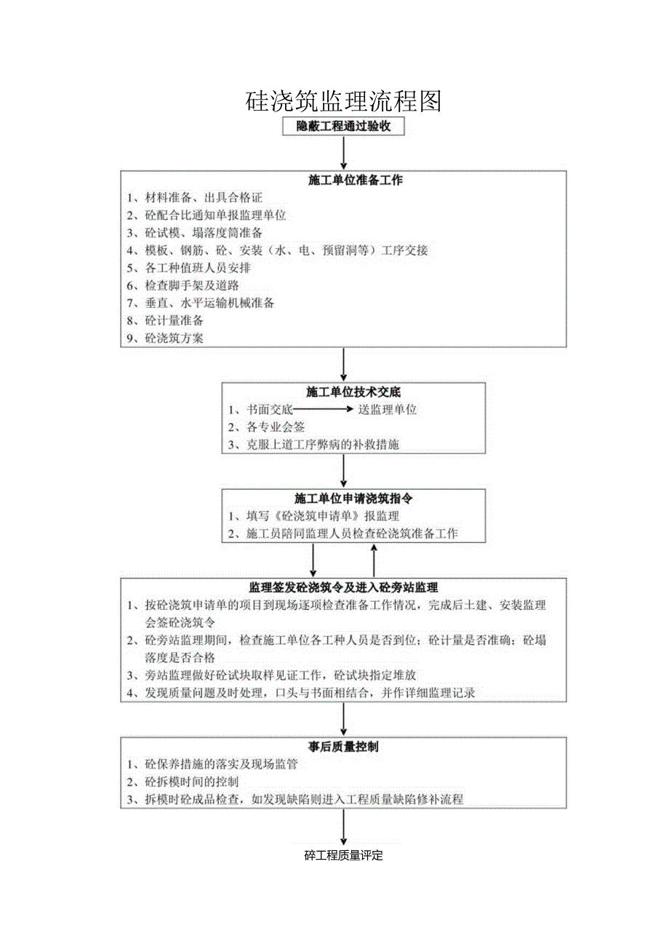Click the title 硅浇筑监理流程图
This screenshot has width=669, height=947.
pyautogui.click(x=343, y=101)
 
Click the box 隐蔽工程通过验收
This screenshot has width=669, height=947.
pyautogui.click(x=343, y=127)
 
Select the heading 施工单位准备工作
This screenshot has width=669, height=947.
pyautogui.click(x=343, y=181)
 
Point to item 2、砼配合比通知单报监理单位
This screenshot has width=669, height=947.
pyautogui.click(x=206, y=215)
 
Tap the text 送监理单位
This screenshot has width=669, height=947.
pyautogui.click(x=387, y=410)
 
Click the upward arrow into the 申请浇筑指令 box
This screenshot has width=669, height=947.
pyautogui.click(x=374, y=560)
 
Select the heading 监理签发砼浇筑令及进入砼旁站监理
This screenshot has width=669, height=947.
pyautogui.click(x=343, y=587)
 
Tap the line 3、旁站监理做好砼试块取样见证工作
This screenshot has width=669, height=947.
pyautogui.click(x=280, y=675)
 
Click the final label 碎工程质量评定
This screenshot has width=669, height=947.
pyautogui.click(x=343, y=856)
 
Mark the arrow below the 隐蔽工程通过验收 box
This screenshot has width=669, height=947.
pyautogui.click(x=343, y=153)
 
